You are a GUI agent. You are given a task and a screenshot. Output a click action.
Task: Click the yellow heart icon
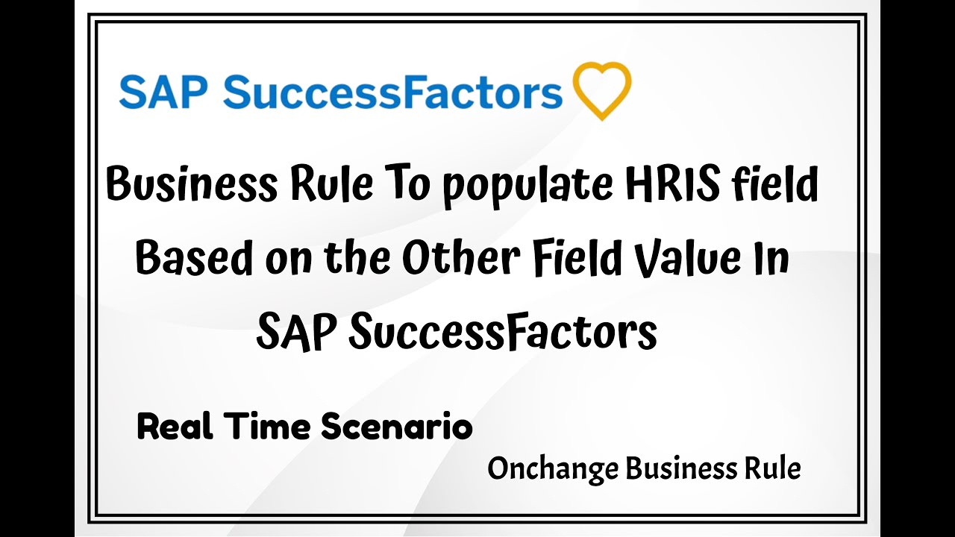(601, 90)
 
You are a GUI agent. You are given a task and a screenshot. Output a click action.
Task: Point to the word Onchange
(553, 469)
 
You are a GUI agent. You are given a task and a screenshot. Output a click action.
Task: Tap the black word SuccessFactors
(502, 332)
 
